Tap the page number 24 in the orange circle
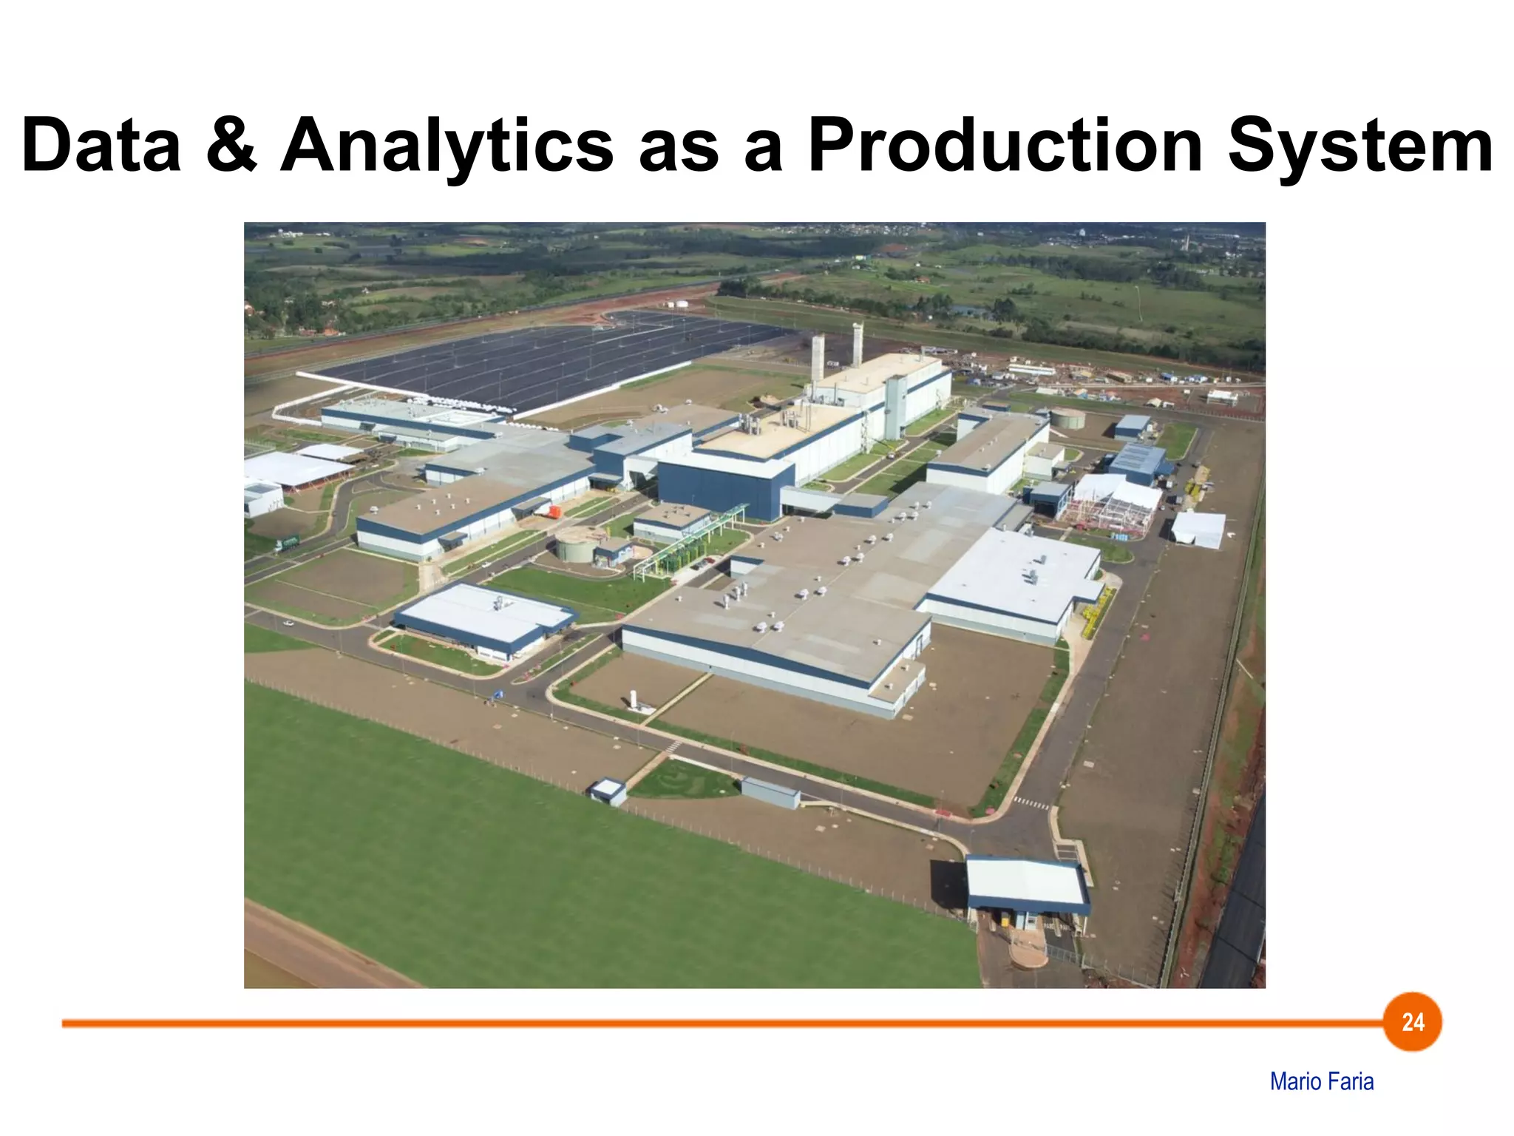[x=1413, y=1022]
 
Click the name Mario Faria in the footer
[x=1322, y=1081]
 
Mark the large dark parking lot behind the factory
[x=547, y=362]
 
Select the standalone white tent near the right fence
[x=1198, y=530]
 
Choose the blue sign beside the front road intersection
[x=498, y=694]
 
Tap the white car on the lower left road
[x=288, y=623]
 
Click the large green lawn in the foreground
[x=517, y=851]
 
